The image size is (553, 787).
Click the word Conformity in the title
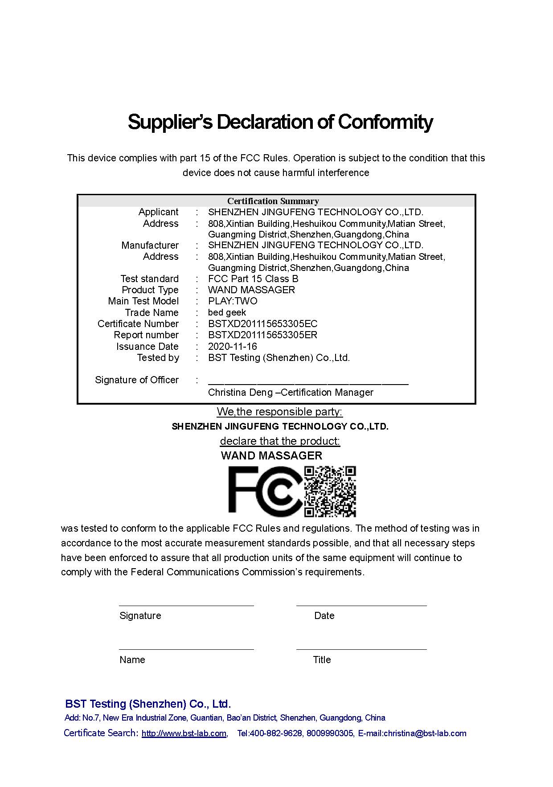(385, 122)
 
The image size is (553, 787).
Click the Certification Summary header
(273, 201)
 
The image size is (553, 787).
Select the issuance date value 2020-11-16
(232, 346)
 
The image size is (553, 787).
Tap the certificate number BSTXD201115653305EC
(262, 324)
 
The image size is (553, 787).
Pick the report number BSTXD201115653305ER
(262, 335)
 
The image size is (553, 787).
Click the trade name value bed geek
(227, 312)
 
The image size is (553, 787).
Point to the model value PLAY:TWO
(232, 301)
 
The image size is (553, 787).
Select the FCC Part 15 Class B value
(253, 279)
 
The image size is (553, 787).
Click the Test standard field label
(149, 279)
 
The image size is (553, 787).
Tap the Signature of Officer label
(136, 380)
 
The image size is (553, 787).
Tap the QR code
(330, 491)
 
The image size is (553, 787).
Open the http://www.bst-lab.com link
(184, 734)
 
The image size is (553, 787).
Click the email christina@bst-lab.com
(425, 734)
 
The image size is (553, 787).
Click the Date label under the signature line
(324, 615)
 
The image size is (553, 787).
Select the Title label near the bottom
(322, 660)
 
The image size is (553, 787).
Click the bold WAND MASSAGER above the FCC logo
(271, 455)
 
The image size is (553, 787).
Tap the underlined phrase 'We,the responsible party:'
(279, 411)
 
